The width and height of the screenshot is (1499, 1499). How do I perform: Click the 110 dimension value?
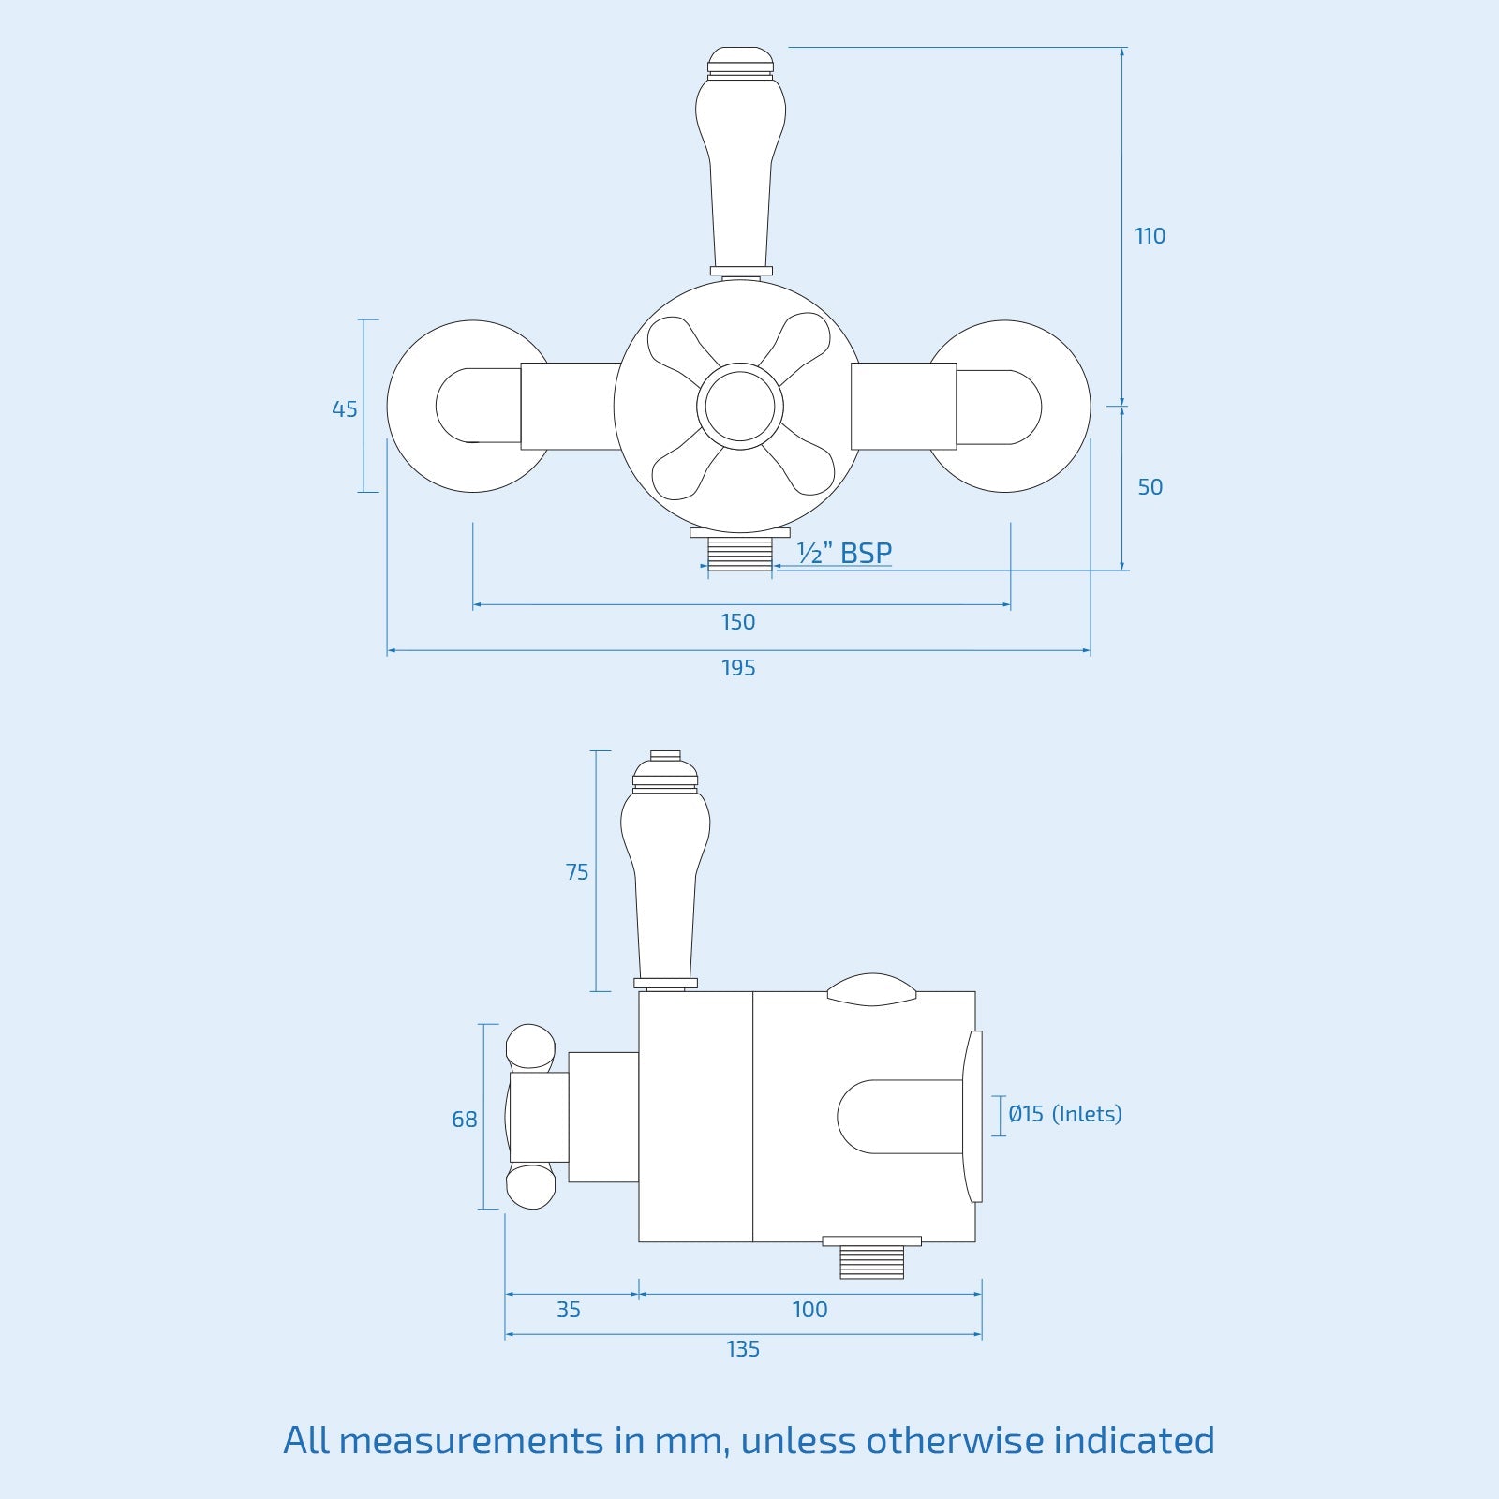(1150, 236)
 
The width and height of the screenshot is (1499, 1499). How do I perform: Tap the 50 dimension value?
(1150, 487)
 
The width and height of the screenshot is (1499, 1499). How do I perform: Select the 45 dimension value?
(345, 409)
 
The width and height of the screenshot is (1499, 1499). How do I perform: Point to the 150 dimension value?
(738, 622)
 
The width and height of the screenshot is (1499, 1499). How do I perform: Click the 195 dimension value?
(738, 668)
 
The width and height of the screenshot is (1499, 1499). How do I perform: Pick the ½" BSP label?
(844, 553)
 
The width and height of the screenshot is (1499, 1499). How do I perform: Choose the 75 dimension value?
(577, 872)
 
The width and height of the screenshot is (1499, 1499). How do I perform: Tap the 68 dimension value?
(465, 1120)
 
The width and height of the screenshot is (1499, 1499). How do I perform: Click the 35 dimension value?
(569, 1310)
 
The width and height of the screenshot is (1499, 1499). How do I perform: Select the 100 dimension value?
(809, 1310)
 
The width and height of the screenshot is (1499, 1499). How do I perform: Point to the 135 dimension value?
(743, 1349)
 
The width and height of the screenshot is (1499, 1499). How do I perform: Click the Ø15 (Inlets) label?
(1065, 1114)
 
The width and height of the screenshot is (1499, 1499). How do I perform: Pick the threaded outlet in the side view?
(871, 1261)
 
